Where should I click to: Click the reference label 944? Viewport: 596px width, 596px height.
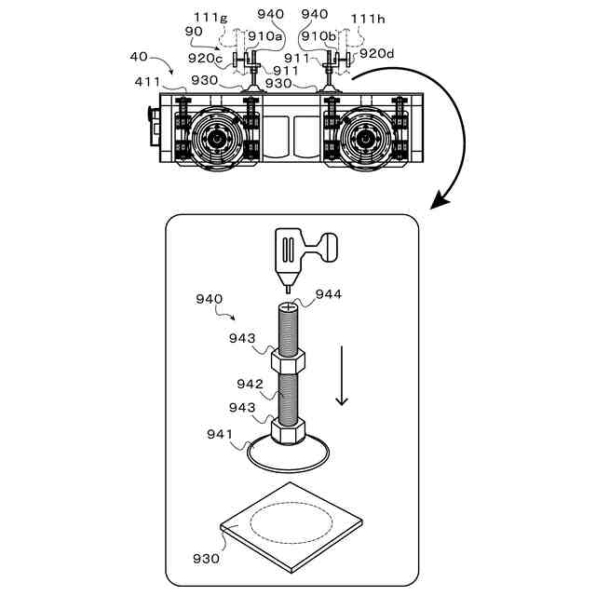pos(329,294)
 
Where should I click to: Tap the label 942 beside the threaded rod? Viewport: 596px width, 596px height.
pos(250,384)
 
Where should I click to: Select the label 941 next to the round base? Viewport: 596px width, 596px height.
pos(220,433)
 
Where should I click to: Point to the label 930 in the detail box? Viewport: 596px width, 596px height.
pos(207,559)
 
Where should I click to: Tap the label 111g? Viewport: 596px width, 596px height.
pos(210,17)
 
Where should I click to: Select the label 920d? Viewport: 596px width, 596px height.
pos(376,53)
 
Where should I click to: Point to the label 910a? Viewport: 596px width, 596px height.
pos(264,35)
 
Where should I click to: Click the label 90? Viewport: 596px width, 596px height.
pos(194,31)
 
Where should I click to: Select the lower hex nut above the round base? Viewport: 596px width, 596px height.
pos(288,429)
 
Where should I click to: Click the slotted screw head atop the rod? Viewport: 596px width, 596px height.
pos(288,305)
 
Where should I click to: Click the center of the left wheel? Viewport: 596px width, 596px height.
pos(219,137)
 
